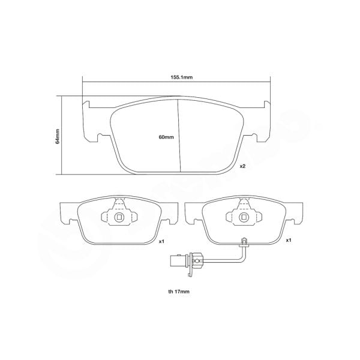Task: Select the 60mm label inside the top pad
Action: click(x=166, y=137)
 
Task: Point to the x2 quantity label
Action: click(x=243, y=166)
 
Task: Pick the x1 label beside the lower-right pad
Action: click(x=289, y=240)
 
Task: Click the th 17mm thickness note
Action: click(x=179, y=292)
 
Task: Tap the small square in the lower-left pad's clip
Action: click(x=119, y=218)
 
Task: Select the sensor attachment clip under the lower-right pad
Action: click(x=244, y=243)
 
